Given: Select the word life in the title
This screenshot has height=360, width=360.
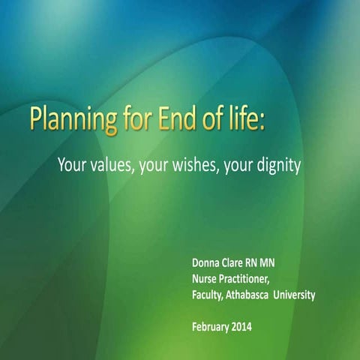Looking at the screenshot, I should click(x=244, y=121).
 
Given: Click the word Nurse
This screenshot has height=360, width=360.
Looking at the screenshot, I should click(x=206, y=279).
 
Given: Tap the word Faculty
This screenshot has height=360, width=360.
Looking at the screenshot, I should click(x=211, y=295).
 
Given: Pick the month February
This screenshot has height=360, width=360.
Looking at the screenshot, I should click(x=214, y=326).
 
